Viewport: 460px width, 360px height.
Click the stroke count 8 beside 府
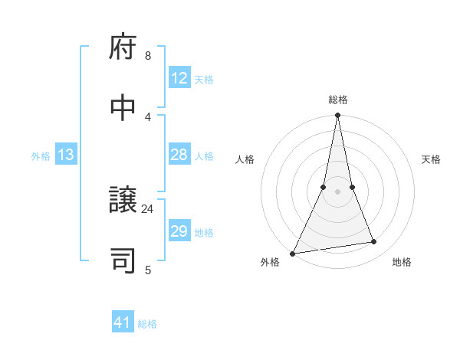pos(148,56)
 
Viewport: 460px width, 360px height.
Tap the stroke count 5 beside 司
pos(148,270)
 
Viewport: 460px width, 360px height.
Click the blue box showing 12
pos(179,78)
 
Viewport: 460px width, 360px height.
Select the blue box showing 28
pos(179,155)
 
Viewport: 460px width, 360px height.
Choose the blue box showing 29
pos(179,231)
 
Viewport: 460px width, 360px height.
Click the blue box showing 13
pos(66,155)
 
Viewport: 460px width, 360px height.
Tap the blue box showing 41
pos(122,322)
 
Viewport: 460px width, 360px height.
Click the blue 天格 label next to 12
pos(204,80)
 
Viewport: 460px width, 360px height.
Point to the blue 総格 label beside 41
pos(147,324)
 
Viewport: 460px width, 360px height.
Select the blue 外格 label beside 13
pos(41,156)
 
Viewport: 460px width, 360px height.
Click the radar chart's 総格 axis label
pos(337,100)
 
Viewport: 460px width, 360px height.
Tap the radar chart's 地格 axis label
pos(402,262)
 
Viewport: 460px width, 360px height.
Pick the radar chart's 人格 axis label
pos(245,159)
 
